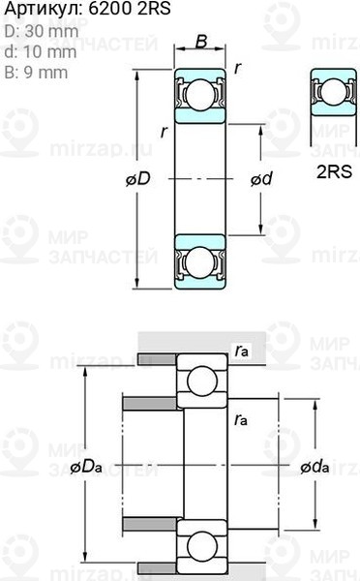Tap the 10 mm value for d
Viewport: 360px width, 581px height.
pyautogui.click(x=42, y=51)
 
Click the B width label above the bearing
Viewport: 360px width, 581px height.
pyautogui.click(x=200, y=41)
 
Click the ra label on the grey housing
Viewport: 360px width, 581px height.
pyautogui.click(x=242, y=352)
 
